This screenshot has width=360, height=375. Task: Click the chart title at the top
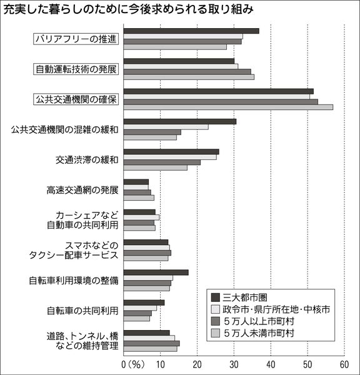[129, 9]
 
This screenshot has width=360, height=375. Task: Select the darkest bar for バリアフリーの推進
[191, 31]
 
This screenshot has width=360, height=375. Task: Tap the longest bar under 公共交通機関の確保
[228, 107]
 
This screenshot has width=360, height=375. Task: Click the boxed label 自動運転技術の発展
[76, 69]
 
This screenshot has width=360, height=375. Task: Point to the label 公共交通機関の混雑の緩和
[64, 129]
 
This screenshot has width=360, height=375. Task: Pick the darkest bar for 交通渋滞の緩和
[171, 152]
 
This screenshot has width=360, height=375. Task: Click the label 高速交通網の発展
[82, 191]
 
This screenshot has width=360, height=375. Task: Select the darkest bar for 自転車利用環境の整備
[156, 272]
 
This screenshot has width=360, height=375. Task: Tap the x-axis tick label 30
[234, 365]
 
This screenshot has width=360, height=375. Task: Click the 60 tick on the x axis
[344, 365]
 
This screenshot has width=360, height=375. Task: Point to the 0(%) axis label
[133, 365]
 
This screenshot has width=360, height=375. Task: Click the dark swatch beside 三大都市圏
[216, 297]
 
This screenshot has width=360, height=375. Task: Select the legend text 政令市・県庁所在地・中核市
[276, 309]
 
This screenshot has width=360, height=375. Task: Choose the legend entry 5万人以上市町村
[252, 321]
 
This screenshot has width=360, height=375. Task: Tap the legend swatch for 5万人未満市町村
[216, 333]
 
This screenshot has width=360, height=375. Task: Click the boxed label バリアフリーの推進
[76, 39]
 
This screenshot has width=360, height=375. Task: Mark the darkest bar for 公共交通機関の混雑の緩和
[180, 121]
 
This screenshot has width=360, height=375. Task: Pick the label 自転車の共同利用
[82, 311]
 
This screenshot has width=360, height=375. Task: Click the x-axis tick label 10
[160, 365]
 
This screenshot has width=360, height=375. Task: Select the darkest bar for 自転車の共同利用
[144, 302]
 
